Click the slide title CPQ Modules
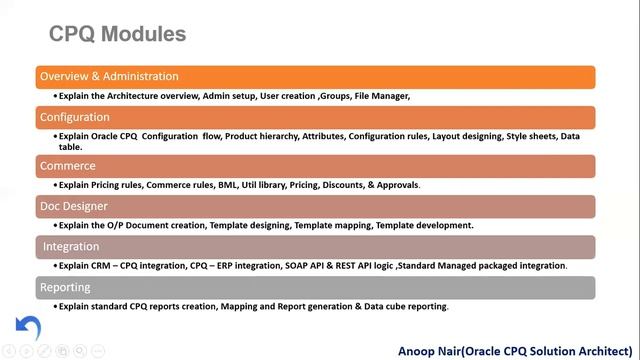(117, 34)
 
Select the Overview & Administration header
(109, 76)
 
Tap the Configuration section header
(75, 117)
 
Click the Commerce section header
(68, 166)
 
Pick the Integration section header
(71, 246)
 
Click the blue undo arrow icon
(28, 327)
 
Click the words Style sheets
(531, 136)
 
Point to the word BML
(229, 185)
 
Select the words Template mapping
(330, 225)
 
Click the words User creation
(288, 96)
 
